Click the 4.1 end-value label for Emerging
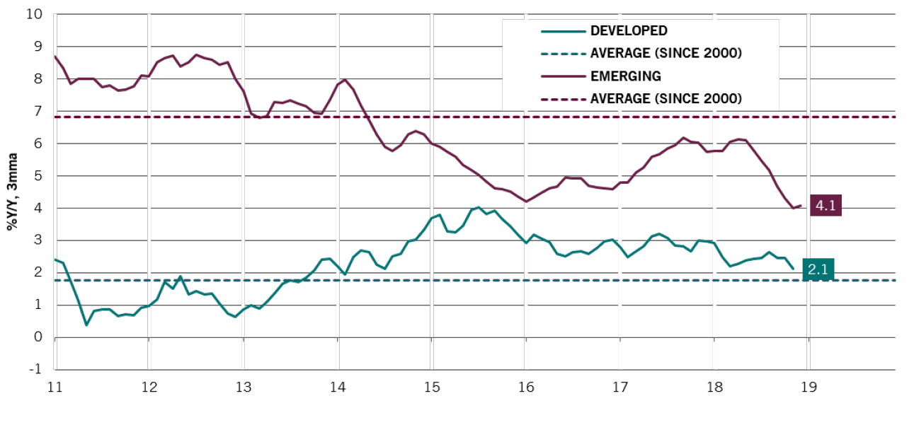coord(825,206)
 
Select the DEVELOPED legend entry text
coord(629,31)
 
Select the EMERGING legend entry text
coord(626,76)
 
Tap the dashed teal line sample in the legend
coord(562,53)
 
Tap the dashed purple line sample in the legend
coord(562,98)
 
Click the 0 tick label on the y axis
coord(39,337)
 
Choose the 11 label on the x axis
coord(55,387)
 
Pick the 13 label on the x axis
coord(243,387)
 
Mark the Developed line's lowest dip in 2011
coord(86,325)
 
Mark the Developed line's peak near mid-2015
coord(479,207)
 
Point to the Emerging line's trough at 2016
coord(525,202)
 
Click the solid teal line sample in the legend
coord(562,31)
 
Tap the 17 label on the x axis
coord(619,387)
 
